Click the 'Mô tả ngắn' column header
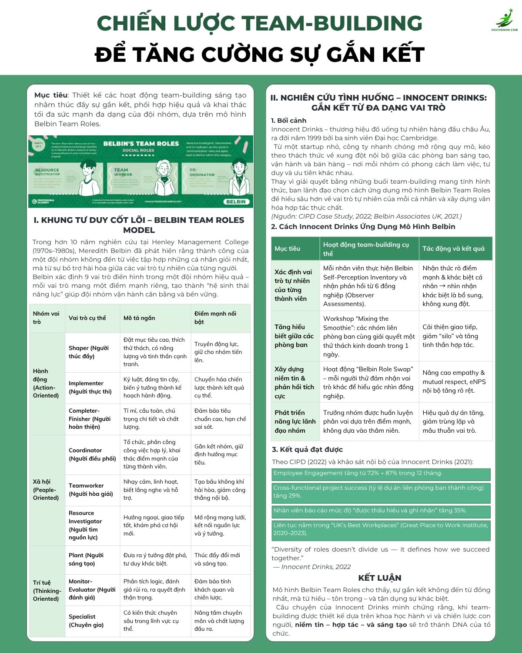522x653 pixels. pos(139,318)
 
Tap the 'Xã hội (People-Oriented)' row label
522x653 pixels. pos(46,489)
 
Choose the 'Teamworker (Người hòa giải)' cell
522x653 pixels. pos(90,489)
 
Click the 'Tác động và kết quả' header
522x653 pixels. pos(453,249)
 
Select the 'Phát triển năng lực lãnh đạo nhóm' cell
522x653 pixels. pos(295,421)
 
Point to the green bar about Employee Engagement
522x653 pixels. pos(381,474)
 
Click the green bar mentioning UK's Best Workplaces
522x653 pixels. pos(381,529)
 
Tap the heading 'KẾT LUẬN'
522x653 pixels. pos(380,578)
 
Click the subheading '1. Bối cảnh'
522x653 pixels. pos(288,121)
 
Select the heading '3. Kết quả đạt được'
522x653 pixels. pos(307,449)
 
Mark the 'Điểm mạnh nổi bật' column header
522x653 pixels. pos(215,318)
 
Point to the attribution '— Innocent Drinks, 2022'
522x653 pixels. pos(311,567)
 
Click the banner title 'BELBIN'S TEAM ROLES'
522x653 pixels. pos(141,143)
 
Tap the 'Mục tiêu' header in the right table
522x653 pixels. pos(288,249)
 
